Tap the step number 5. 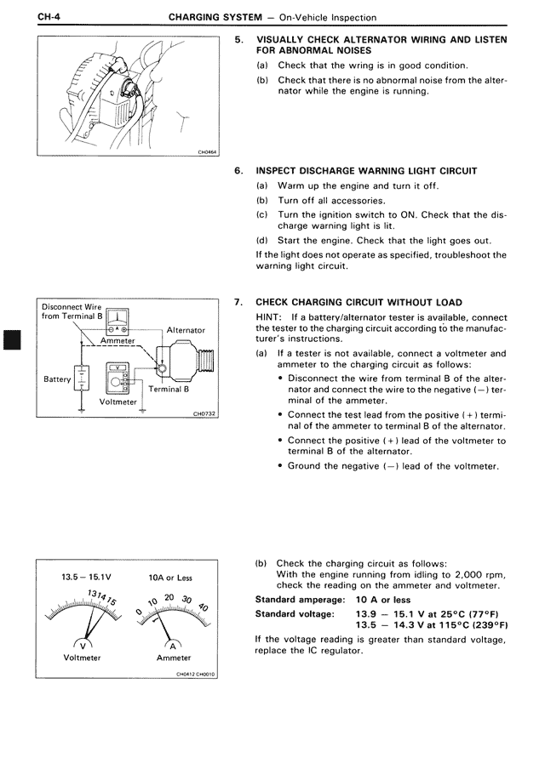pos(238,39)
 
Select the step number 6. pos(238,170)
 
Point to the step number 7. pos(238,302)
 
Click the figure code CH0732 pos(205,414)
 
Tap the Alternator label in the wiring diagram pos(186,330)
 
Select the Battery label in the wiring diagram pos(57,379)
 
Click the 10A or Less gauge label pos(170,578)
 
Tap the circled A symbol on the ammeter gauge pos(170,643)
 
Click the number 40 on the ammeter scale pos(203,607)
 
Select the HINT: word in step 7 pos(270,316)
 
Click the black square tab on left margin pos(10,340)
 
